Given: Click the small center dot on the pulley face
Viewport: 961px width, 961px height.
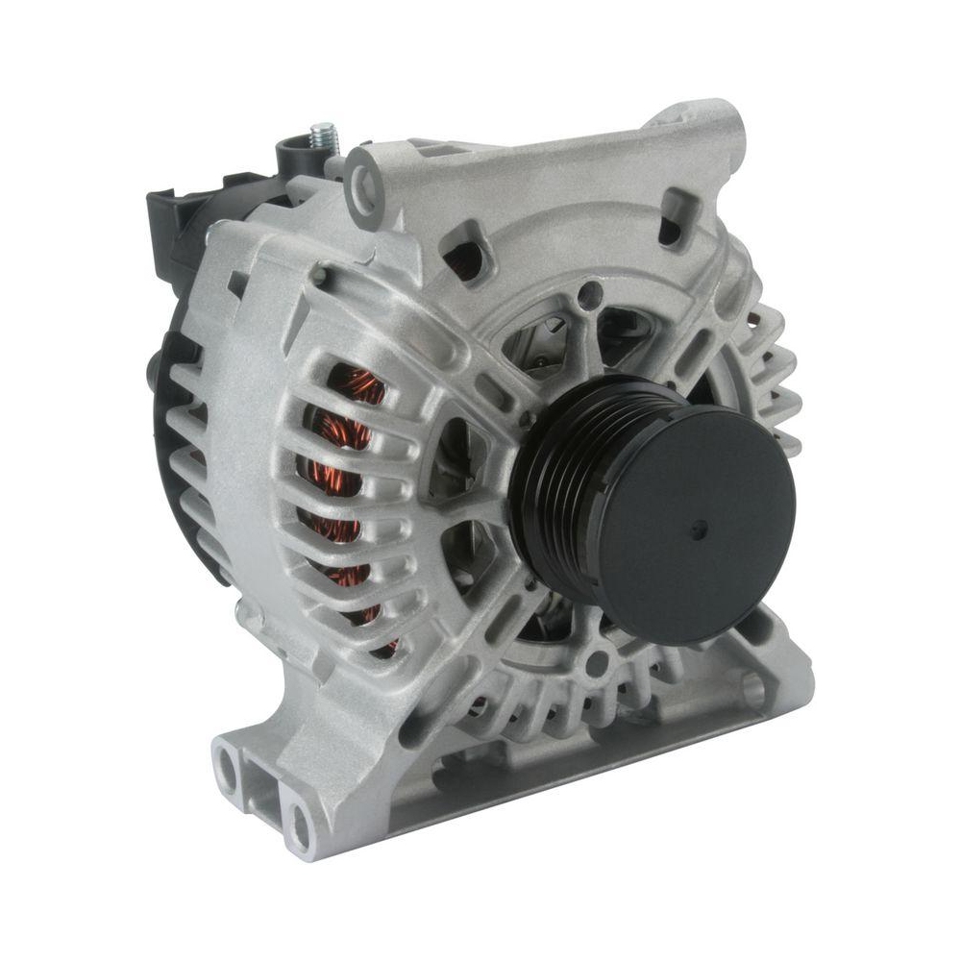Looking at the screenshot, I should tap(699, 528).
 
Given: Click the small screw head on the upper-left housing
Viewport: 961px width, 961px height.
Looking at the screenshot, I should tap(318, 277).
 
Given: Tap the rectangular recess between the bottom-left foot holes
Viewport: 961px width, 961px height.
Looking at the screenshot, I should tap(261, 795).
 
